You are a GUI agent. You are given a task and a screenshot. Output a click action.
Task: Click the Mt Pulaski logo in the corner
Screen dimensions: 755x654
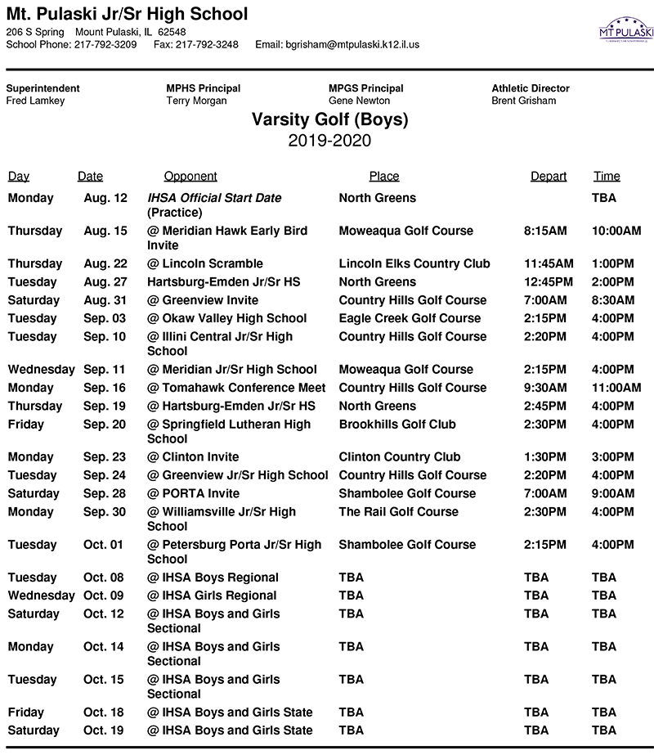tap(626, 31)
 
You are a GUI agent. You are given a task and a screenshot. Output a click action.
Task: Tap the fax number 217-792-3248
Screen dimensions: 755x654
tap(207, 44)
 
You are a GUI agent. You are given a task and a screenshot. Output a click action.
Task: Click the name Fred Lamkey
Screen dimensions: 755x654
tap(35, 101)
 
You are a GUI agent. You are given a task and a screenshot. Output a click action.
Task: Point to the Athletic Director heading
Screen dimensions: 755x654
tap(531, 88)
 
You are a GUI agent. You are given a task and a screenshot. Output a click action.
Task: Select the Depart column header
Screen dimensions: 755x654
tap(549, 176)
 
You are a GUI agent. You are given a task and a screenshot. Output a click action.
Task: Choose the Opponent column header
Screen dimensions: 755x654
tap(190, 176)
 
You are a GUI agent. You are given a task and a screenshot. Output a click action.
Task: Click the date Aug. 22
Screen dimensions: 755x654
tap(105, 263)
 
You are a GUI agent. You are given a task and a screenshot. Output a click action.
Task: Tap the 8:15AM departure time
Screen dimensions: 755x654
tap(545, 231)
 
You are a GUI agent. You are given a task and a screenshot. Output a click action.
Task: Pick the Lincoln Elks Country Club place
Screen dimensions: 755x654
tap(414, 263)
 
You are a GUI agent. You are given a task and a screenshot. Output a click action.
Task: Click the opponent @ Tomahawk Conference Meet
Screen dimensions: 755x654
tap(236, 388)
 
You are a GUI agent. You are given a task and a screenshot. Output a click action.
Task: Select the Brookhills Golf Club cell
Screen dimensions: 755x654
tap(397, 424)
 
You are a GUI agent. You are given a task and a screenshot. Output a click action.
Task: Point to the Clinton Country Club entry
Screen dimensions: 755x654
tap(399, 456)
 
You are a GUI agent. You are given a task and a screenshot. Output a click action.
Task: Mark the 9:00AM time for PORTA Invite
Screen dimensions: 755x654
tap(613, 493)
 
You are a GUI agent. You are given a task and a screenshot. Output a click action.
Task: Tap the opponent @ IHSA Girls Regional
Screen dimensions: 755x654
tap(212, 595)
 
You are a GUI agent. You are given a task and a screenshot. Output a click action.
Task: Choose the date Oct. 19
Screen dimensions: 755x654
tap(105, 730)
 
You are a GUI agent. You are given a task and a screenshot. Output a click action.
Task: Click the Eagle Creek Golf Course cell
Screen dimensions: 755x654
tap(410, 318)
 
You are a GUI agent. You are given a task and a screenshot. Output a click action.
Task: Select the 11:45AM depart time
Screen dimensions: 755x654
tap(549, 263)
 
